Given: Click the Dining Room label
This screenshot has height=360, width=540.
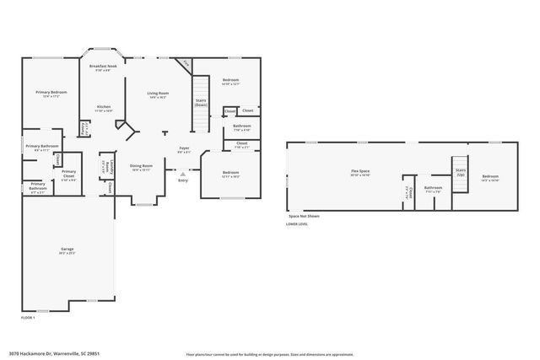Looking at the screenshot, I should point(141,166).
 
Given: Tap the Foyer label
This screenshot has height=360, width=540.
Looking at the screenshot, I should point(183,148).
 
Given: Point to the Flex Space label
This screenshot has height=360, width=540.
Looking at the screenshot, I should point(360,171).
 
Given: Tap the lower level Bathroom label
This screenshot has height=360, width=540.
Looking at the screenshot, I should point(433,188).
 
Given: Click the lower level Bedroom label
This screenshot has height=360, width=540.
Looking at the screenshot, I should point(490,177).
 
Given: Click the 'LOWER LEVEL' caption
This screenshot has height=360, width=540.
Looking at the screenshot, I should point(296,224).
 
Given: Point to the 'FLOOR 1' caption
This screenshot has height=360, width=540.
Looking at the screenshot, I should point(29,317).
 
